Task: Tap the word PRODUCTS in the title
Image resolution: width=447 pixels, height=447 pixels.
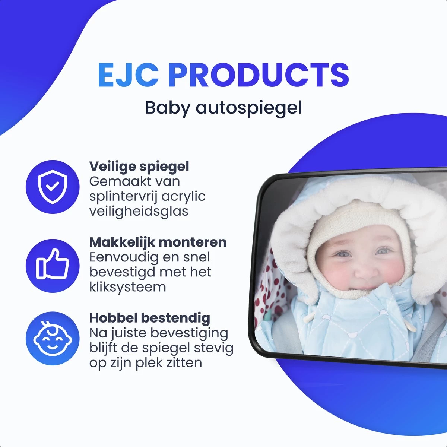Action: coord(259,75)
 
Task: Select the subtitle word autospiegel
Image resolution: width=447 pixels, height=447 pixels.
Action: coord(249,108)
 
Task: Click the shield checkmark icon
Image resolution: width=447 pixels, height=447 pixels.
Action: coord(53,187)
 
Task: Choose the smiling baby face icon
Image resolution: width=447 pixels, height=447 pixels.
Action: coord(53,338)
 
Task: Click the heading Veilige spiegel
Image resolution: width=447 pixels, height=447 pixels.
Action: coord(139,167)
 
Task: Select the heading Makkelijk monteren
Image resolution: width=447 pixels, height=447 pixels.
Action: coord(158,242)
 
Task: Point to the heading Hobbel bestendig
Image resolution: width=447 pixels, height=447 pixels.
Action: coord(150,318)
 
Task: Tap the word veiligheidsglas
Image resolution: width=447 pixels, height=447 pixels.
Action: coord(139,211)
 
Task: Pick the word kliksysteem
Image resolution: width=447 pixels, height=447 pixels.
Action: coord(127,287)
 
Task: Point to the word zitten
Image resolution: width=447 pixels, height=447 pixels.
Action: coord(183,362)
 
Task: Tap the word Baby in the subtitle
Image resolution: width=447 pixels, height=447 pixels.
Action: coord(167,108)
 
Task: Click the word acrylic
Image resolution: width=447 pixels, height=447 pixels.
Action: coord(184,196)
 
